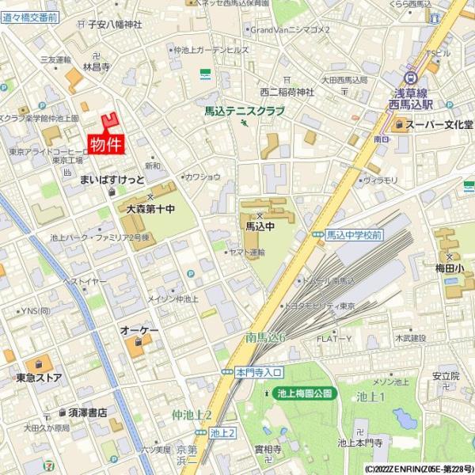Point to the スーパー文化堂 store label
click(x=439, y=124)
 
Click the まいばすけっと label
click(x=110, y=180)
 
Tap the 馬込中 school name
click(x=260, y=226)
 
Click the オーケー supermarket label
click(x=139, y=329)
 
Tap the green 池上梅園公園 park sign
click(x=306, y=393)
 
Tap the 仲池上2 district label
click(x=192, y=415)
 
